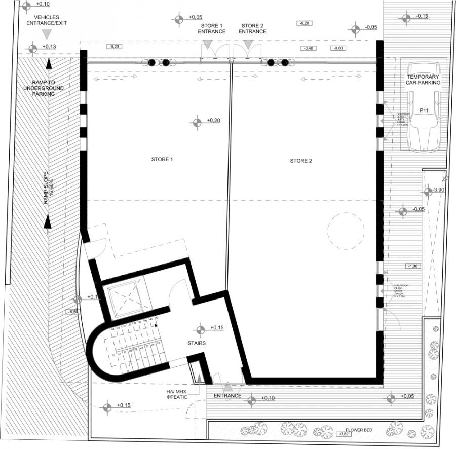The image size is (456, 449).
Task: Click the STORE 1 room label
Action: (x=162, y=159)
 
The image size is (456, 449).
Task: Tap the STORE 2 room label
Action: (x=301, y=161)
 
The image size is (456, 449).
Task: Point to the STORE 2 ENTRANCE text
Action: (x=252, y=28)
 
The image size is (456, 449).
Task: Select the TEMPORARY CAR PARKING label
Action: (x=423, y=79)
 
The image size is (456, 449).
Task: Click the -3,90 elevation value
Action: (x=439, y=191)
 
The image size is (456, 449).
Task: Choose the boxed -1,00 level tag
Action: (x=413, y=266)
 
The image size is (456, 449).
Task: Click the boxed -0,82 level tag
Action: (x=345, y=434)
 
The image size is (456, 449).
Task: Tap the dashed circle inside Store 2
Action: (x=346, y=231)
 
